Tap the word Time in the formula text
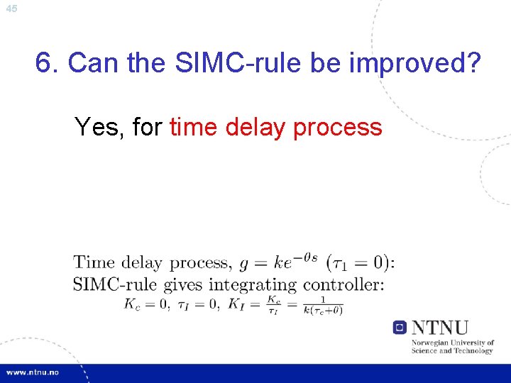click(x=94, y=263)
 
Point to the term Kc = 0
click(x=146, y=304)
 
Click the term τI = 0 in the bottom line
click(x=196, y=304)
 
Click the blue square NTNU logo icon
click(x=400, y=328)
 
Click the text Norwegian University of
click(x=453, y=343)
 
